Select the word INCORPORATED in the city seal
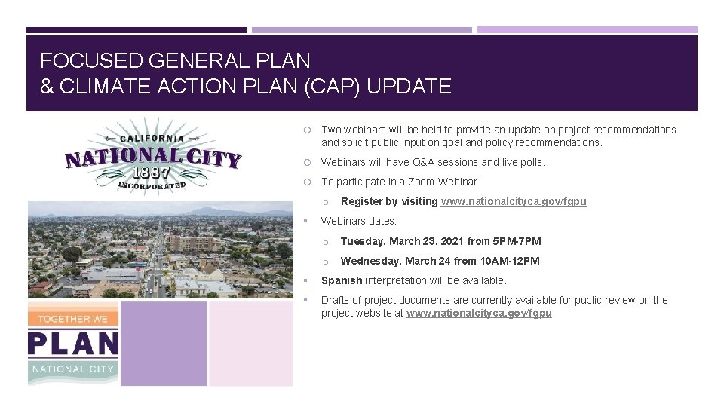click(151, 185)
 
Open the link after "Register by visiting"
click(513, 201)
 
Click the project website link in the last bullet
click(479, 313)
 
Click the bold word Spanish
click(342, 280)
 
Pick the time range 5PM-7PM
click(517, 241)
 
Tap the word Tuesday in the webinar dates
click(364, 241)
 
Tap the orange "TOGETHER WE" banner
click(73, 318)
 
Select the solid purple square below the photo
click(164, 344)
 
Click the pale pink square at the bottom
click(250, 344)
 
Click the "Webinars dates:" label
click(359, 221)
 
